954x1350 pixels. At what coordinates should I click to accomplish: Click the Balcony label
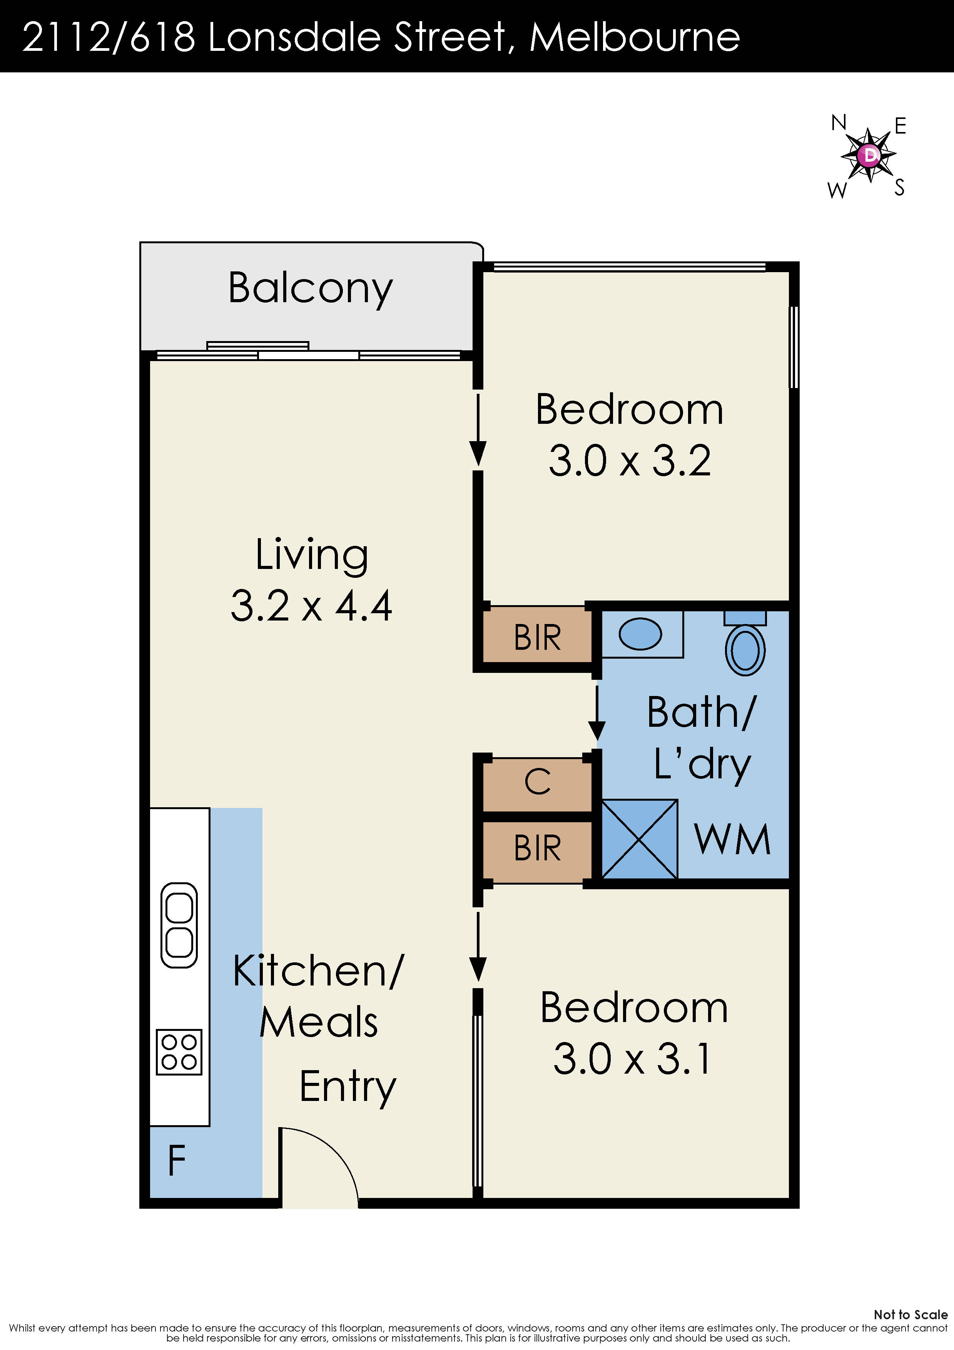(x=310, y=288)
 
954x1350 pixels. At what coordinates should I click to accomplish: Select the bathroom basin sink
(x=640, y=634)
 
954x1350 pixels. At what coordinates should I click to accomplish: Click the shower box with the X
(x=640, y=839)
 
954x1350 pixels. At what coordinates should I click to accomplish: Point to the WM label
(x=732, y=840)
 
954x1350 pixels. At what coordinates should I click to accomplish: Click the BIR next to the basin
(x=537, y=637)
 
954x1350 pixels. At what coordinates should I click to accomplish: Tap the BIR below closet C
(x=537, y=848)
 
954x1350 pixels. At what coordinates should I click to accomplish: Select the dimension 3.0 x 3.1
(x=633, y=1059)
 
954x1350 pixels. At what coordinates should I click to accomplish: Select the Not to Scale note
(x=910, y=1315)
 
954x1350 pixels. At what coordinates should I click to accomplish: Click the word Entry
(x=348, y=1087)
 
